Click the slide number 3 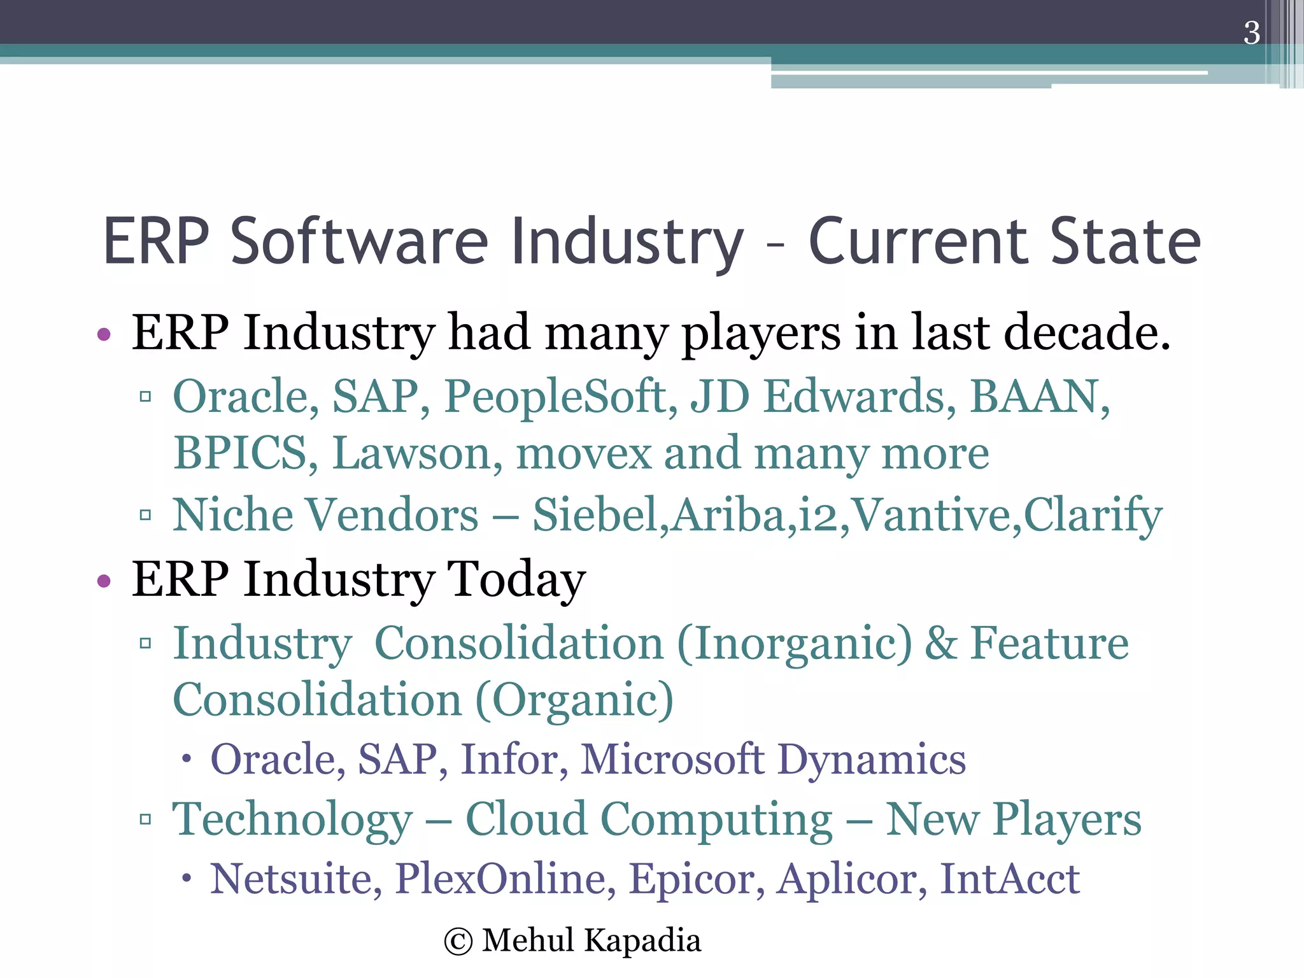1251,33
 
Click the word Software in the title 359,242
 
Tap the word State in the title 1125,242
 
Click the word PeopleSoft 560,397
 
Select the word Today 516,579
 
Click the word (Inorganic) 795,644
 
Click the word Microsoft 672,760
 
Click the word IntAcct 1010,879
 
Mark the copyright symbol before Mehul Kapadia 458,942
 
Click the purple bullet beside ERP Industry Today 104,581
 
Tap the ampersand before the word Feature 940,644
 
